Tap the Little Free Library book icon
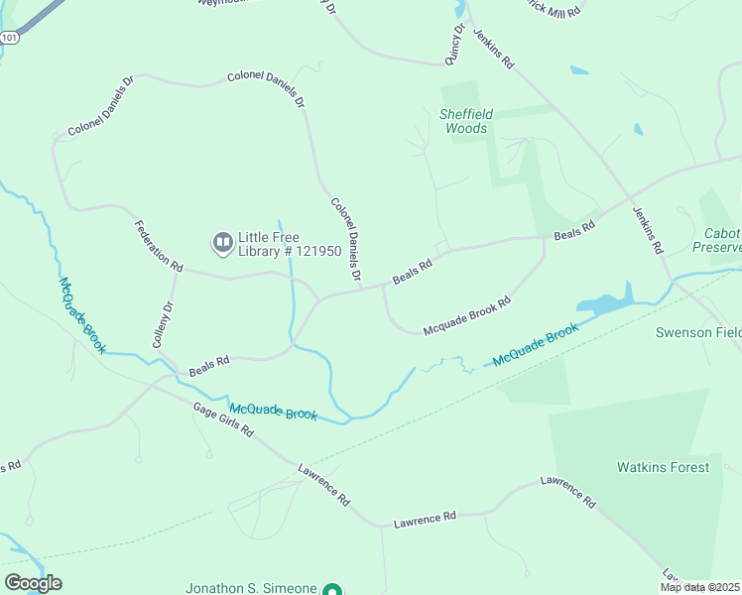(x=222, y=241)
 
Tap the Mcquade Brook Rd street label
(x=466, y=316)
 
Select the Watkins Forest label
(x=664, y=467)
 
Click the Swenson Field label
(x=698, y=332)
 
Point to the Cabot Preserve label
(x=722, y=240)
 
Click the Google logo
(x=33, y=583)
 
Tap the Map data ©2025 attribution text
(x=700, y=587)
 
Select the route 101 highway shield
(x=10, y=38)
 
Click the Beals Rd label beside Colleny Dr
(x=209, y=366)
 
